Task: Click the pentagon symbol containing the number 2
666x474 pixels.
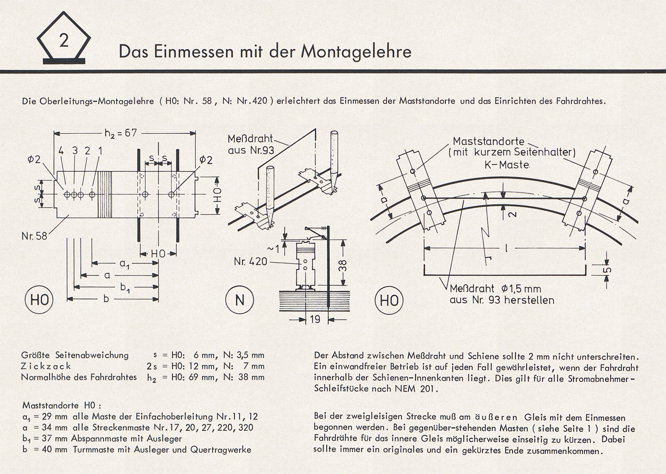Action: point(63,42)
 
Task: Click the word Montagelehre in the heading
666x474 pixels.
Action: point(356,51)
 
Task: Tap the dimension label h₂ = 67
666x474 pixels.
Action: point(120,133)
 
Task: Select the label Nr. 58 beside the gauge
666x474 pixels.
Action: point(35,235)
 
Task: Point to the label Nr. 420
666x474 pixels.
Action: point(250,261)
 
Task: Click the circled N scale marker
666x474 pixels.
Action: point(240,300)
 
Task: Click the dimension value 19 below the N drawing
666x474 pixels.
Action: point(315,320)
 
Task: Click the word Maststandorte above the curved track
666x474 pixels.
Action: point(488,141)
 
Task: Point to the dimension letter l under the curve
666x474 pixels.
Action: point(506,248)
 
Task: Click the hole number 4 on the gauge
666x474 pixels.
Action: point(61,151)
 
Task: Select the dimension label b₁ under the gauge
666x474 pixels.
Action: point(125,287)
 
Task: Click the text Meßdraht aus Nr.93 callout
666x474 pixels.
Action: point(250,145)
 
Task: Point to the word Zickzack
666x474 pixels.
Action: point(46,366)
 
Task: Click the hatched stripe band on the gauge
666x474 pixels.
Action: point(105,194)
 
